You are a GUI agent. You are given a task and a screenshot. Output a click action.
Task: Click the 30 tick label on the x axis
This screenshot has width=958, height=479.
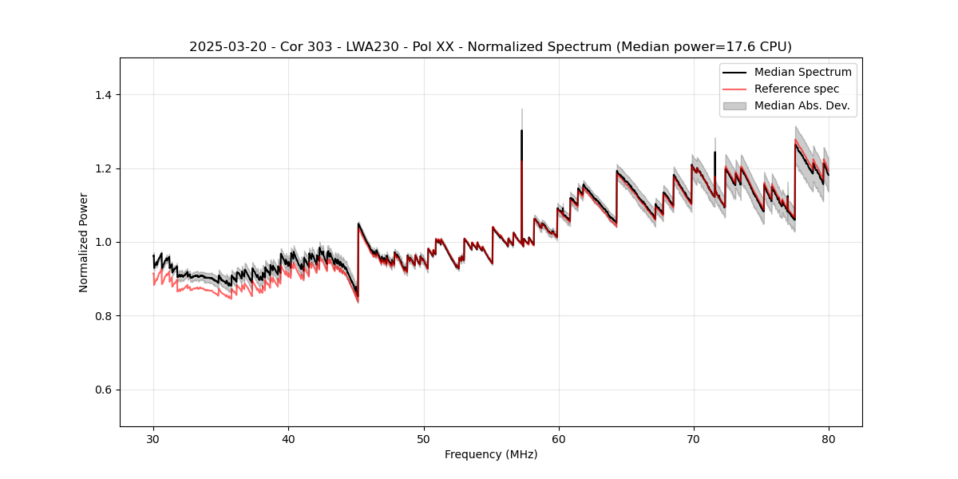154,438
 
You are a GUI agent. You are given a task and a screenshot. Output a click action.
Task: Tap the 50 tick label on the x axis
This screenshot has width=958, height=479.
424,438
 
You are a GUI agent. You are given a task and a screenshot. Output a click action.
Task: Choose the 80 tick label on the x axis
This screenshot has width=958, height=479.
829,438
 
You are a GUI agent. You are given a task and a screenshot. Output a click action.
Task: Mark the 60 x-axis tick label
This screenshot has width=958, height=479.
559,438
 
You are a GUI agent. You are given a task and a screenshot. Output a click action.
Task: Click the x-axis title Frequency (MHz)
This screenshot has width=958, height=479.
491,454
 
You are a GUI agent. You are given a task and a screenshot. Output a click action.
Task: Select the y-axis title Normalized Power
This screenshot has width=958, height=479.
84,242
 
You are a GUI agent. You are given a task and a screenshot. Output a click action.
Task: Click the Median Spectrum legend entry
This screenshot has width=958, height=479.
802,72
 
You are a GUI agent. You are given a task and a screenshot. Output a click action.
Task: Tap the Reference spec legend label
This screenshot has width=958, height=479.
797,89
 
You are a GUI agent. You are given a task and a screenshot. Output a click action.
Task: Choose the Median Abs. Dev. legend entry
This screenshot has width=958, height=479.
802,105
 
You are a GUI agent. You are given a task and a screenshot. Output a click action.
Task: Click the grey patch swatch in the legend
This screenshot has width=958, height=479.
734,105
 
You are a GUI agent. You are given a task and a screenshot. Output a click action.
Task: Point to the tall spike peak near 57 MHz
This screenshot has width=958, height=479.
521,131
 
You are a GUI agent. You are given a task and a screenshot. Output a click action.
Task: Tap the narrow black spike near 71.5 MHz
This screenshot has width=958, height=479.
715,152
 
